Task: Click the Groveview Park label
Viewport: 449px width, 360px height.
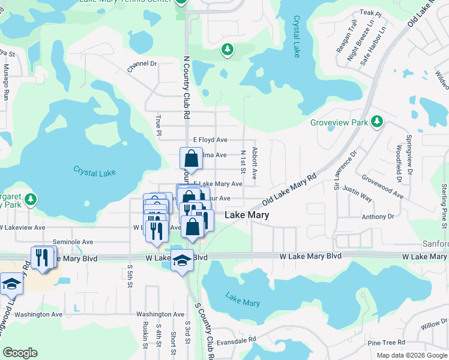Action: pos(339,122)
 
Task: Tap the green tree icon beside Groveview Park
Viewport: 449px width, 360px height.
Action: pos(377,122)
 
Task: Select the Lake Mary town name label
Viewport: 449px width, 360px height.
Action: pos(246,214)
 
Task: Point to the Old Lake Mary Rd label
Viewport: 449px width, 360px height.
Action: pos(289,192)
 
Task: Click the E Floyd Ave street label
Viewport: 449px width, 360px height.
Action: pos(206,140)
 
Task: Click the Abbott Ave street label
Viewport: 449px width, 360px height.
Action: pos(255,163)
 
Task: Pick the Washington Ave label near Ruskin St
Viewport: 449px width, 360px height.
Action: pos(160,314)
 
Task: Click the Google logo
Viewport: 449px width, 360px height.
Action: pos(20,353)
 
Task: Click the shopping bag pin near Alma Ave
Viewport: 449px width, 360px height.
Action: pos(191,159)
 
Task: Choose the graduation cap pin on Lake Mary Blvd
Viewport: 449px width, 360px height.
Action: pos(182,260)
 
